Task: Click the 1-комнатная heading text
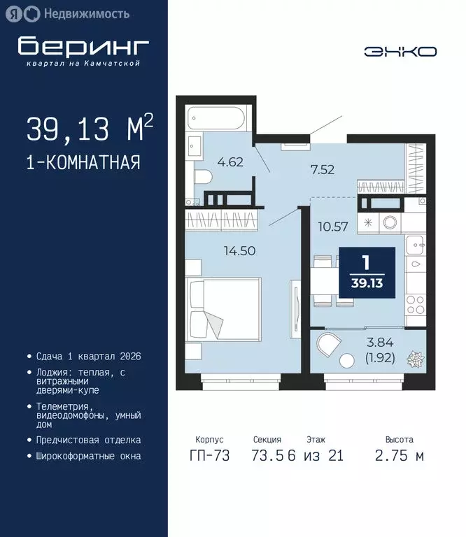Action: pos(83,163)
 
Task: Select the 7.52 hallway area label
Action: pos(324,168)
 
